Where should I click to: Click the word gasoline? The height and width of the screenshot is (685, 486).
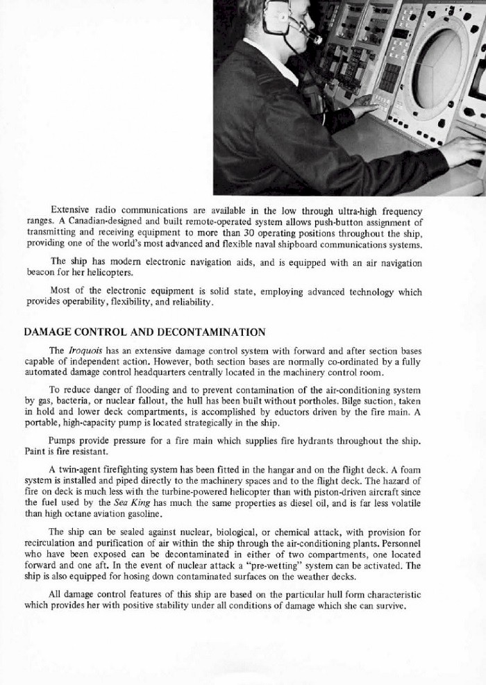coord(144,514)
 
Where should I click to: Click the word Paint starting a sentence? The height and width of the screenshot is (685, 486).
coord(35,452)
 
